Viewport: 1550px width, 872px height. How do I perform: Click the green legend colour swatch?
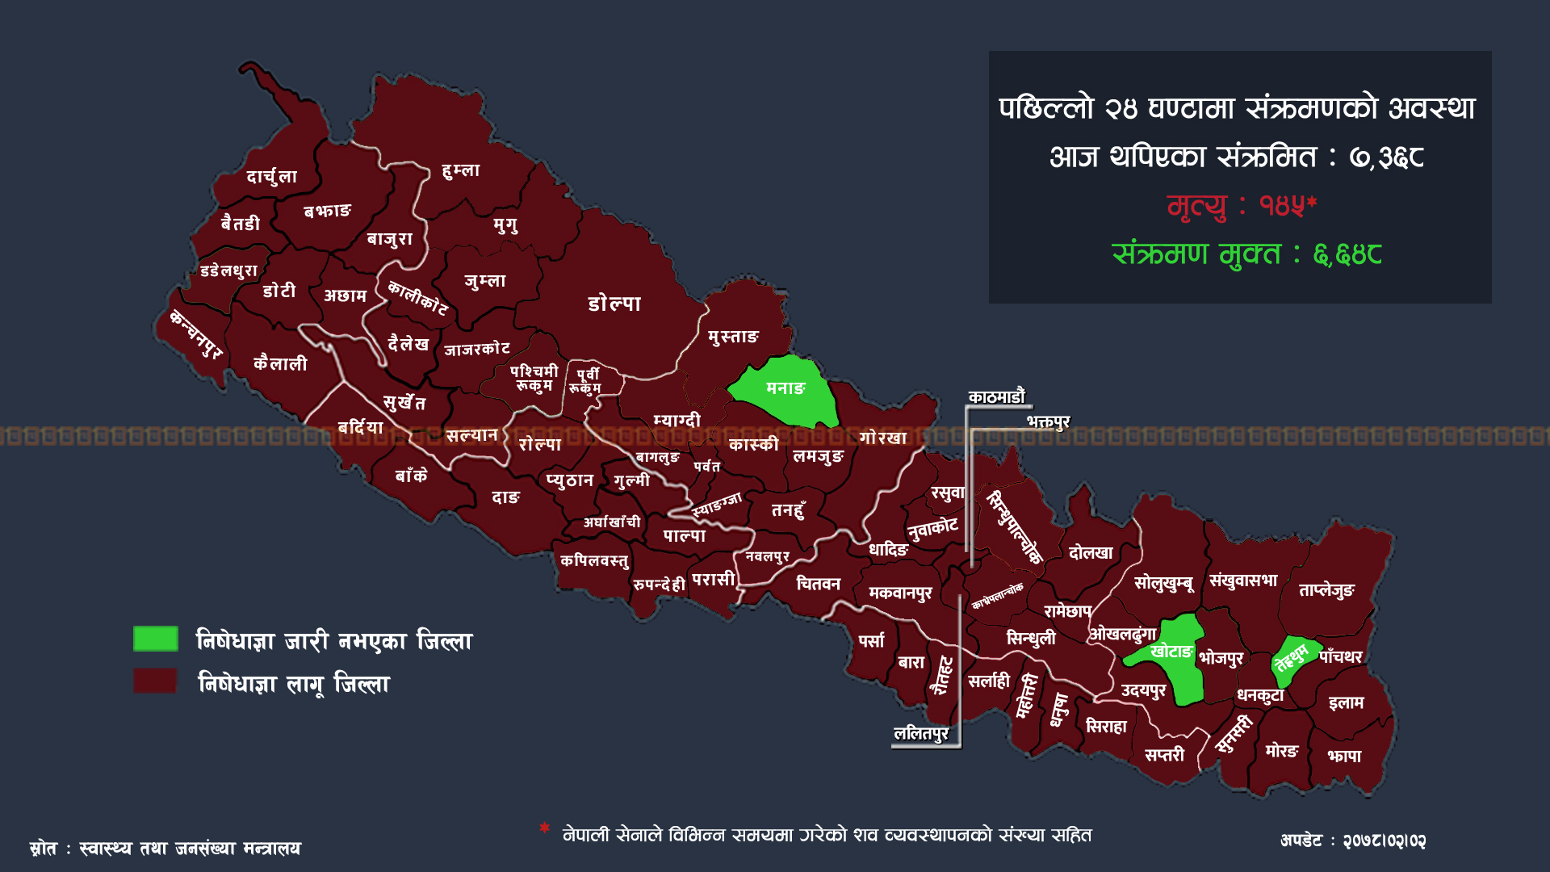[x=156, y=639]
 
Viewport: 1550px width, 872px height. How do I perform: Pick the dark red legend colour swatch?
[x=156, y=681]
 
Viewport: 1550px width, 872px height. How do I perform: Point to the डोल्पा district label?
[x=614, y=304]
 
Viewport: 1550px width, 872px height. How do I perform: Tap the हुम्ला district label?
[x=461, y=170]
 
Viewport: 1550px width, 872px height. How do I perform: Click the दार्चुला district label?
[x=271, y=177]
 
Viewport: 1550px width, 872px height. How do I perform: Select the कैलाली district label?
[x=280, y=364]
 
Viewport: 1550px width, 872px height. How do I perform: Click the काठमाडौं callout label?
[x=996, y=397]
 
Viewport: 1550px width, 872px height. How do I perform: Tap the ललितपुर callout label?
[x=921, y=733]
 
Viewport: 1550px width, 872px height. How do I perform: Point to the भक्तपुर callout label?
[x=1048, y=421]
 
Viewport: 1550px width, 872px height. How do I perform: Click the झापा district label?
[x=1344, y=756]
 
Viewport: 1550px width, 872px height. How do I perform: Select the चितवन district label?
[x=818, y=584]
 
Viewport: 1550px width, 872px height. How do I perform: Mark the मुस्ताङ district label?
[x=733, y=337]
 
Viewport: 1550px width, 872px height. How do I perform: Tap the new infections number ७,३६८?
[x=1386, y=157]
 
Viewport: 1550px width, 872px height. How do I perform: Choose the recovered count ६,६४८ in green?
[x=1347, y=255]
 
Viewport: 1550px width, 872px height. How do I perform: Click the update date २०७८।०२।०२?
[x=1384, y=841]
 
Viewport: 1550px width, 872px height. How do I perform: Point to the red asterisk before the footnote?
[x=545, y=828]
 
